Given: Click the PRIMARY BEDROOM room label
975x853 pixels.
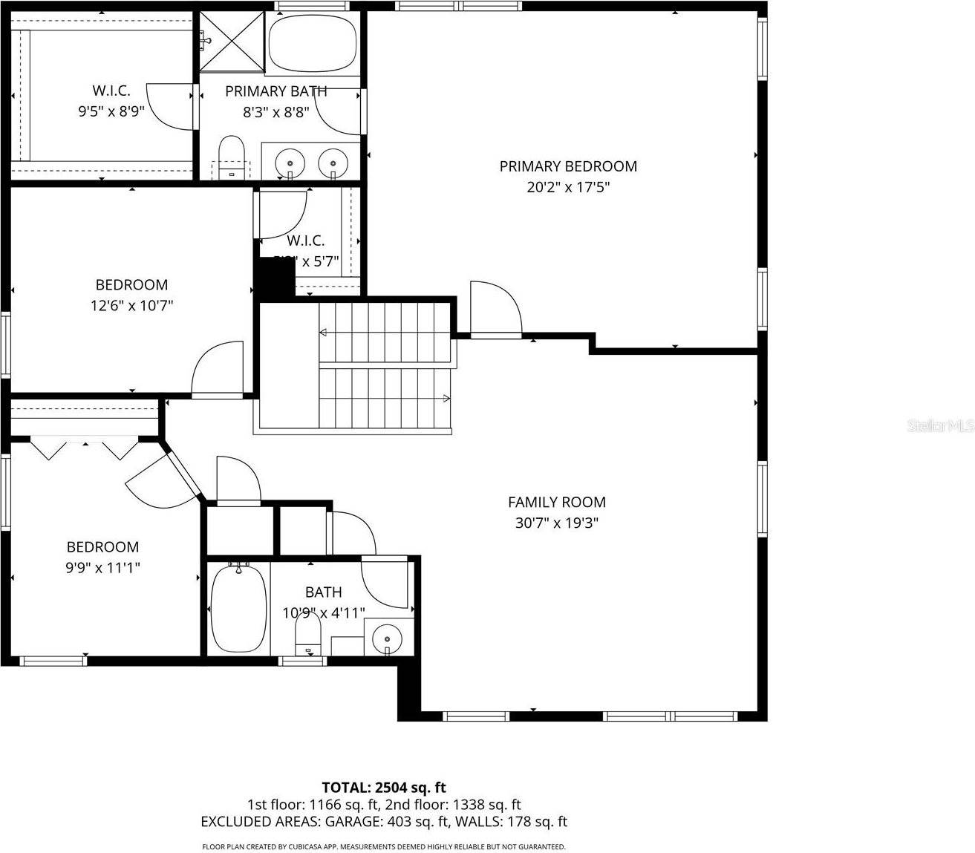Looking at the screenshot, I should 568,166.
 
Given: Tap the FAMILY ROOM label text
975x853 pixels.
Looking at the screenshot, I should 556,502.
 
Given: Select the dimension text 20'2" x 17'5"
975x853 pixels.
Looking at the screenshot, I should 568,187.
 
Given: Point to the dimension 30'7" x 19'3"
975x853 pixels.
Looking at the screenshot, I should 556,523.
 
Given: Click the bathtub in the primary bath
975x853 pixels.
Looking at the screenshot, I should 312,43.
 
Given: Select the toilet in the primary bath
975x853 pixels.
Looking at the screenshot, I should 232,155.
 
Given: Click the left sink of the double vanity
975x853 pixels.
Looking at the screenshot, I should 289,161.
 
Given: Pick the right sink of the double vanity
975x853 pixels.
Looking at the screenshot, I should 333,161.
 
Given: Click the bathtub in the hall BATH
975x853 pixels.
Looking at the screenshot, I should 238,608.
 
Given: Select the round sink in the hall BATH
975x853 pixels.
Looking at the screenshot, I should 387,636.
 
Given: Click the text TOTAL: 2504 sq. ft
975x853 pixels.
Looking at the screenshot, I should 383,787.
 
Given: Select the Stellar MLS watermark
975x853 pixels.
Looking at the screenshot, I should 941,426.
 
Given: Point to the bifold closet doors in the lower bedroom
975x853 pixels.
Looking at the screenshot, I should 85,448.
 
